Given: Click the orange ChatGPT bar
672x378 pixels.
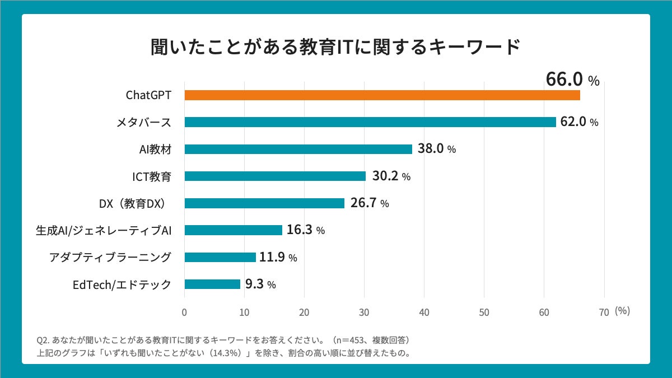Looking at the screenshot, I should pyautogui.click(x=382, y=95).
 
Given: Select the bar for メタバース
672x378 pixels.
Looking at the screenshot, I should pyautogui.click(x=370, y=122).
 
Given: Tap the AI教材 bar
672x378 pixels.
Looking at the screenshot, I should pyautogui.click(x=298, y=149).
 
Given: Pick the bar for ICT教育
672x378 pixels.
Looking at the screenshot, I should pyautogui.click(x=275, y=176).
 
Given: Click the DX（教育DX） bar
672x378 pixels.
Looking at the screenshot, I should pyautogui.click(x=264, y=203).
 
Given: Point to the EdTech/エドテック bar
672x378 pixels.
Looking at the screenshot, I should pyautogui.click(x=212, y=284).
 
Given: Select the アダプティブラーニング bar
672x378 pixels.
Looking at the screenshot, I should pyautogui.click(x=220, y=257).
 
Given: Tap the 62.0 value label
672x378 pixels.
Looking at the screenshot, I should pyautogui.click(x=572, y=122).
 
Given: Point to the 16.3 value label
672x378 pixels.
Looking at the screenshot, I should pyautogui.click(x=299, y=230).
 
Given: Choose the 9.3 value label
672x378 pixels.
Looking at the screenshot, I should pyautogui.click(x=255, y=284).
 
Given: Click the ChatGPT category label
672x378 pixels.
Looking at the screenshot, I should pyautogui.click(x=148, y=95).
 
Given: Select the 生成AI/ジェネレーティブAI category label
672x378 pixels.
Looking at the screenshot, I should pyautogui.click(x=103, y=230).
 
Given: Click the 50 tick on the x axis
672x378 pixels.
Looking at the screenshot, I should pyautogui.click(x=484, y=312).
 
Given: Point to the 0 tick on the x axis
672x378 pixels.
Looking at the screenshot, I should pyautogui.click(x=184, y=312).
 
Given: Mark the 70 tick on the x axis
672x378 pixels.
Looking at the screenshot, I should pyautogui.click(x=604, y=312).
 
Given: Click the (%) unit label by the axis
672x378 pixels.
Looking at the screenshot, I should pyautogui.click(x=622, y=311).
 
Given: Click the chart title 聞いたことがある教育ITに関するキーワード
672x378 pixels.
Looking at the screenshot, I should pyautogui.click(x=336, y=48).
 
